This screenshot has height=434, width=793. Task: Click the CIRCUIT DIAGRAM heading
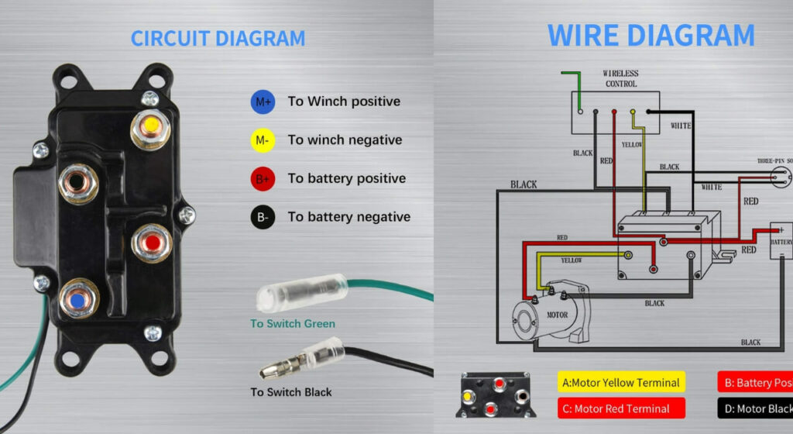(x=218, y=38)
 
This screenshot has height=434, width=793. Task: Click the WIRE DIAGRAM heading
(x=651, y=35)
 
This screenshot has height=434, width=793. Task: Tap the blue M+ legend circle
(x=262, y=102)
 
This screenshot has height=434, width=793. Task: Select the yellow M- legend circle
(x=262, y=140)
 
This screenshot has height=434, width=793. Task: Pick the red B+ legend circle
(x=262, y=179)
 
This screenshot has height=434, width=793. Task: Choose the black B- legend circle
(x=262, y=217)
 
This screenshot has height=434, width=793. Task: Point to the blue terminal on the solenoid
(x=77, y=299)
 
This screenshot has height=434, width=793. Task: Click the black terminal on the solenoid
(x=77, y=184)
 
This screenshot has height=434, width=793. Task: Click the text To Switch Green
(x=293, y=323)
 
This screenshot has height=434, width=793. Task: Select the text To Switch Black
(x=291, y=392)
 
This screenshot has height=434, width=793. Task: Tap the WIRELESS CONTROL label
(x=620, y=78)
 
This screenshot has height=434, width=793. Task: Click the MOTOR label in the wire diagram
(x=558, y=315)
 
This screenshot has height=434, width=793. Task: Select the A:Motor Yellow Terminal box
(x=621, y=382)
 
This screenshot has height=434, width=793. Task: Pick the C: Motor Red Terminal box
(x=621, y=408)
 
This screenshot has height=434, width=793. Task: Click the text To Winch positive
(x=344, y=102)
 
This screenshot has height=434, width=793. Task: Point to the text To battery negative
(x=348, y=217)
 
